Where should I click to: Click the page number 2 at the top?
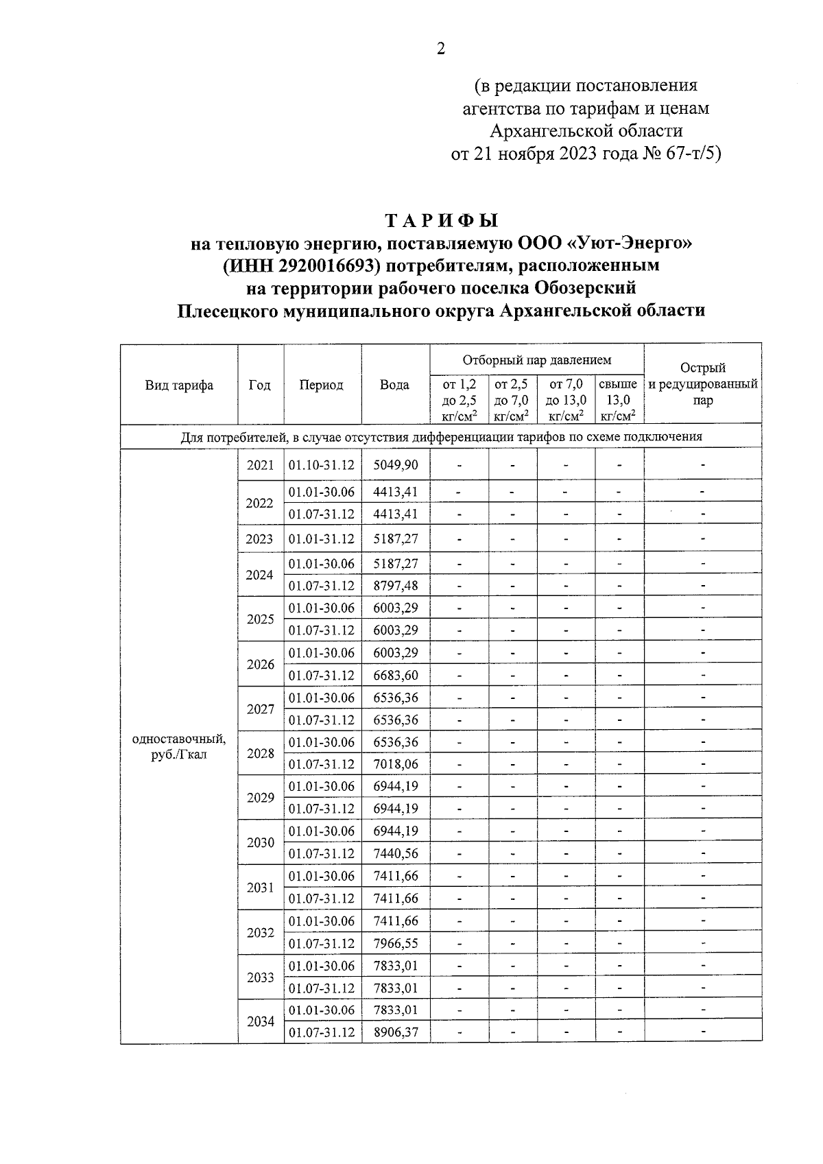coord(441,49)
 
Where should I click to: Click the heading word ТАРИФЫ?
coord(441,221)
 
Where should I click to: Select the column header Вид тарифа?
coord(179,385)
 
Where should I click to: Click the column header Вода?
coord(394,385)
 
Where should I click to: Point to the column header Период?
coord(321,385)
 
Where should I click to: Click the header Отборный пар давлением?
coord(536,360)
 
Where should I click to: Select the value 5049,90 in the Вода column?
coord(395,465)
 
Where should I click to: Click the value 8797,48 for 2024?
coord(395,586)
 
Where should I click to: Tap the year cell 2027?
coord(261,709)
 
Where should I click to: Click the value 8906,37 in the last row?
coord(395,1032)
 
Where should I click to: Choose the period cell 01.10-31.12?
coord(321,465)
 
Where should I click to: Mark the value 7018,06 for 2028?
coord(395,764)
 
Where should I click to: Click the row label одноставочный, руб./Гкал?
coord(179,747)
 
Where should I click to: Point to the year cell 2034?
coord(261,1021)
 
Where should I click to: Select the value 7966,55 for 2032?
coord(395,943)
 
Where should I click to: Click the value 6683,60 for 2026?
coord(395,675)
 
